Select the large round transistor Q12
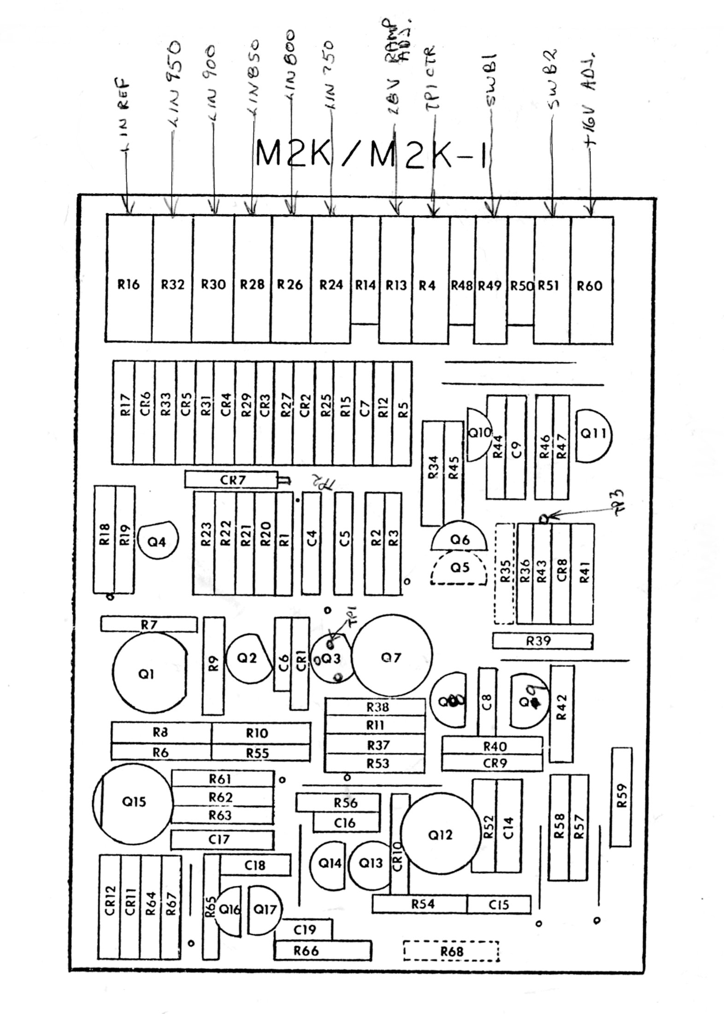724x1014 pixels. pyautogui.click(x=440, y=834)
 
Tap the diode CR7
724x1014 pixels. pyautogui.click(x=232, y=480)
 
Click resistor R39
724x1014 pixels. pyautogui.click(x=542, y=641)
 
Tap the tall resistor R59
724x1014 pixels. pyautogui.click(x=621, y=802)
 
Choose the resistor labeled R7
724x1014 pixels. pyautogui.click(x=148, y=625)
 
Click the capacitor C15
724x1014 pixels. pyautogui.click(x=499, y=904)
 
